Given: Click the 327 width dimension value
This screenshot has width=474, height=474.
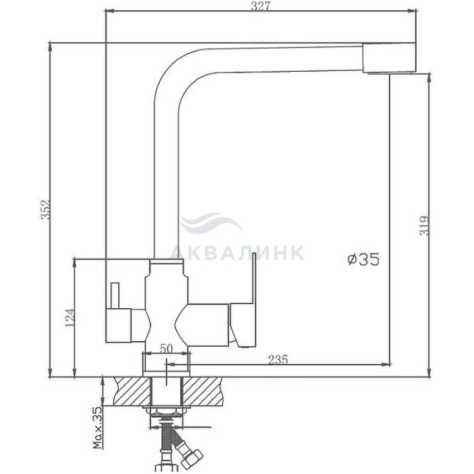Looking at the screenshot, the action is (x=260, y=6).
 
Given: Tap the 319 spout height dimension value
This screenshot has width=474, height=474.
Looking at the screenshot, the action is (x=425, y=225).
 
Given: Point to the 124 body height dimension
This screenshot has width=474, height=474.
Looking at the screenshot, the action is (x=70, y=318).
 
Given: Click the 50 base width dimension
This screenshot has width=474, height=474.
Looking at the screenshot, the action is (x=166, y=349).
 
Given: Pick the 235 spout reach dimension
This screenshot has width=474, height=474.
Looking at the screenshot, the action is (x=278, y=360).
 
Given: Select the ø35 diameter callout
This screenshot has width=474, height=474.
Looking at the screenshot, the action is (x=363, y=259).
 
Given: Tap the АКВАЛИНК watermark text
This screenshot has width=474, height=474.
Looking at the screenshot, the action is (x=237, y=253).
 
